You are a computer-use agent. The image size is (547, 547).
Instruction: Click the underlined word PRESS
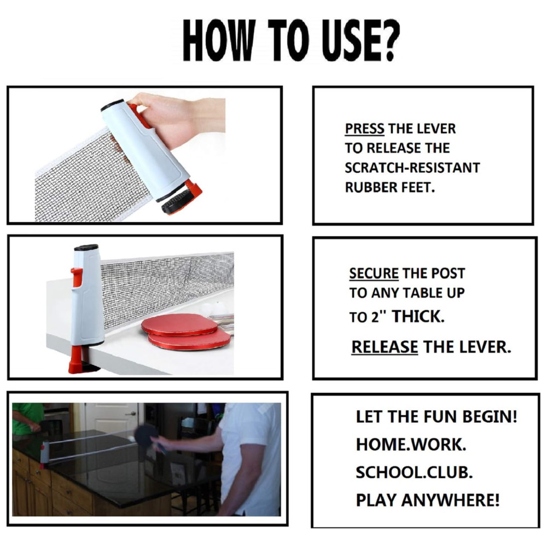(364, 129)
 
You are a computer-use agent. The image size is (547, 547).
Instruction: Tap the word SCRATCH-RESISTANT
(412, 168)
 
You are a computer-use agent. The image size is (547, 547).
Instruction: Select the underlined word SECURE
(374, 273)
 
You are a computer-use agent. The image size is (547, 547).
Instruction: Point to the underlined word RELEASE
(385, 347)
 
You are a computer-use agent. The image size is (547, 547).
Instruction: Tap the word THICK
(418, 316)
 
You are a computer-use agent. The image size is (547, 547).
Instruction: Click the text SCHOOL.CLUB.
(414, 473)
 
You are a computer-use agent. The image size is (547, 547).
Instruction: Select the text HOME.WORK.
(411, 444)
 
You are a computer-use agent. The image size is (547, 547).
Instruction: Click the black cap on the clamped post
(86, 248)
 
